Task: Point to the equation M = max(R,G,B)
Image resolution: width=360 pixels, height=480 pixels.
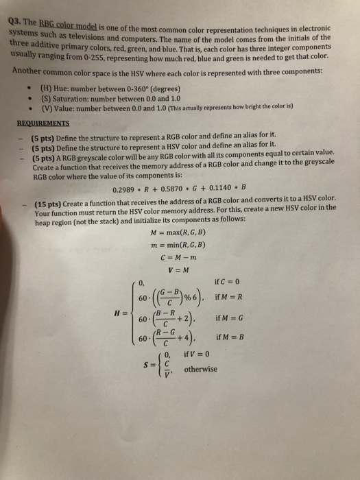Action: pyautogui.click(x=182, y=234)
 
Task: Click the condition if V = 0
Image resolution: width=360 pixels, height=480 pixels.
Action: pyautogui.click(x=200, y=355)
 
